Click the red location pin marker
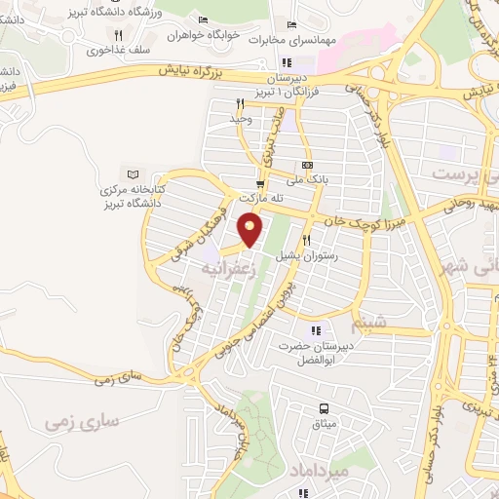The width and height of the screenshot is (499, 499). point(250,228)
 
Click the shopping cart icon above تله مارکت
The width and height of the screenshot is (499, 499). point(259,183)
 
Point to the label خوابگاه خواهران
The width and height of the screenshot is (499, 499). point(202,34)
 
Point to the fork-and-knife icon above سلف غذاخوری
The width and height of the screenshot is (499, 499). point(118,34)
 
